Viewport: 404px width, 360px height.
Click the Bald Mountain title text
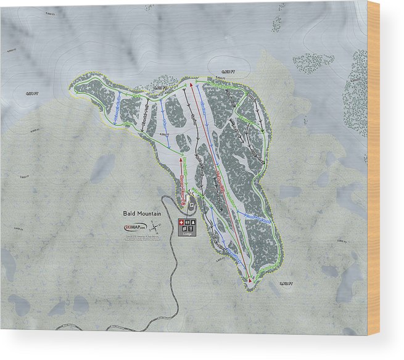pyautogui.click(x=141, y=213)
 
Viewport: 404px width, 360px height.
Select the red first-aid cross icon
pyautogui.click(x=181, y=222)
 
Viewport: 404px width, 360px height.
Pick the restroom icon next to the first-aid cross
pyautogui.click(x=188, y=222)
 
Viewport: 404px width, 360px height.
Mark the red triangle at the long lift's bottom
pyautogui.click(x=250, y=280)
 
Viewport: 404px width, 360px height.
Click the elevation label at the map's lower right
pyautogui.click(x=285, y=284)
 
